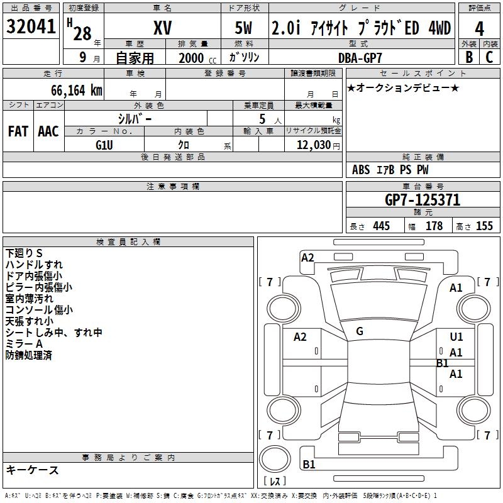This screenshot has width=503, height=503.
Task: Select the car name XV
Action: click(x=162, y=28)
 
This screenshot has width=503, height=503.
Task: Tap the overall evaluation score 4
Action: click(x=480, y=29)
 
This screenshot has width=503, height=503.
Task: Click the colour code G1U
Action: click(x=104, y=145)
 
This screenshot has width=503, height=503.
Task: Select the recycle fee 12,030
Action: click(x=313, y=145)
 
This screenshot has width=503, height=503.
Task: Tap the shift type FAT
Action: click(x=18, y=131)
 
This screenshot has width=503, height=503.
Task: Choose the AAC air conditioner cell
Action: click(x=48, y=131)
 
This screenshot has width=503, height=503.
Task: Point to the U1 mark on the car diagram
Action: click(x=456, y=338)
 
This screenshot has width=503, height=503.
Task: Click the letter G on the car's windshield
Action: click(x=360, y=331)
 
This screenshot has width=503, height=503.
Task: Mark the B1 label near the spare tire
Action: click(x=309, y=465)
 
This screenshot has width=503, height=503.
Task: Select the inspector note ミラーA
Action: click(x=24, y=344)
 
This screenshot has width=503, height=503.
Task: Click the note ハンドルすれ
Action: click(x=34, y=265)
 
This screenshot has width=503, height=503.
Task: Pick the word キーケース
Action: click(x=33, y=470)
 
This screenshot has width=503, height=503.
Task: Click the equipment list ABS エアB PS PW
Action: click(x=390, y=170)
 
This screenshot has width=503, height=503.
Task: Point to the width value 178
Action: click(x=434, y=226)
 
